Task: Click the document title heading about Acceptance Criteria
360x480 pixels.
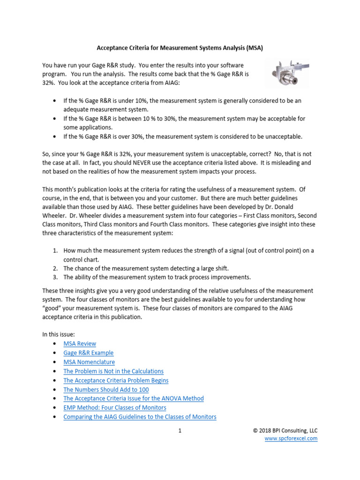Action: click(x=183, y=47)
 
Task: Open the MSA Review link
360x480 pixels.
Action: click(x=80, y=344)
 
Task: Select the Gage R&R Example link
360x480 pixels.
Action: click(x=88, y=353)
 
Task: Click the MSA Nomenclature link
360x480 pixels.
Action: click(x=89, y=362)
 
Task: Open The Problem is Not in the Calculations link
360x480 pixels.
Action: click(x=113, y=371)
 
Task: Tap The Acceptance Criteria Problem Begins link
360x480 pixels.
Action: click(x=116, y=380)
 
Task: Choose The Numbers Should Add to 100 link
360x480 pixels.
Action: click(x=106, y=390)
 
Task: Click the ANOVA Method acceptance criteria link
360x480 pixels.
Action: click(x=134, y=398)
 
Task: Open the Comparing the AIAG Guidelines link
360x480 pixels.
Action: click(x=140, y=417)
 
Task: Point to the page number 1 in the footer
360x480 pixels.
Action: click(x=180, y=430)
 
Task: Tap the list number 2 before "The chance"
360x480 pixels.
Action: click(x=55, y=268)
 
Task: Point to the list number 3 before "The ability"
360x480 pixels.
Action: click(x=55, y=277)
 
